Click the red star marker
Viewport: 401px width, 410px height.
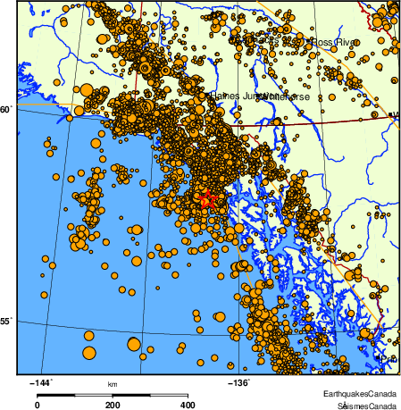206,200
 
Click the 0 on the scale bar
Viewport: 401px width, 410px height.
37,405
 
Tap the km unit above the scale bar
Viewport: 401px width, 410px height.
113,385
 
